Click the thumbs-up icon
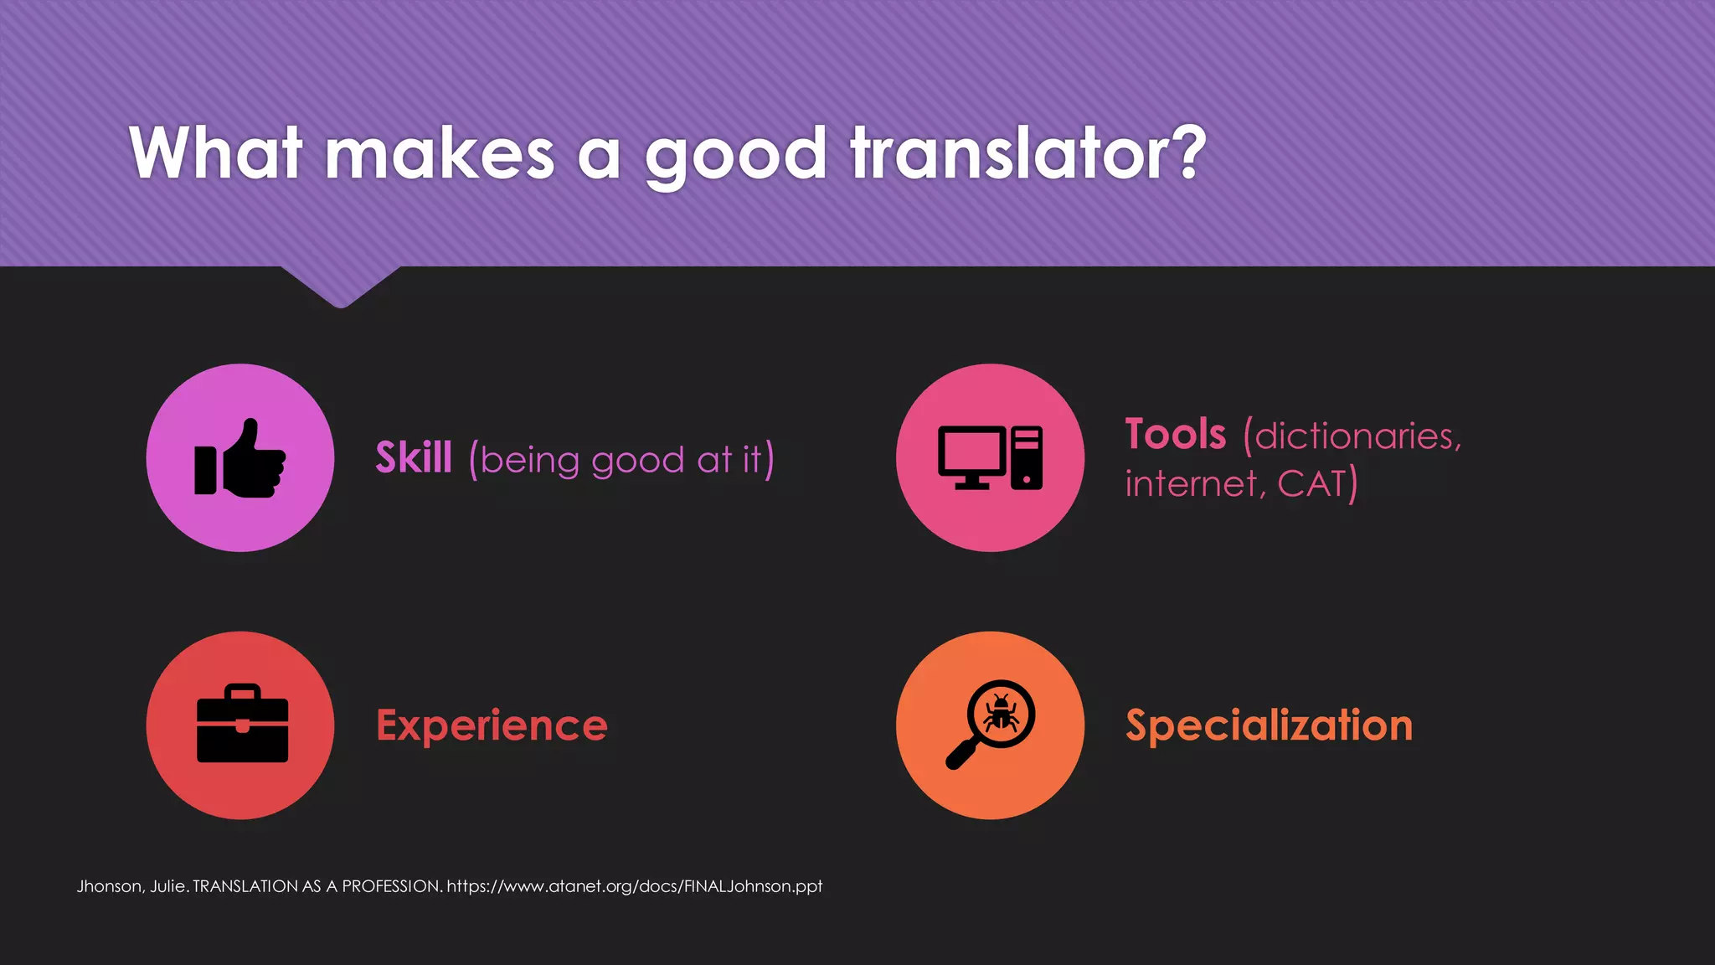[240, 458]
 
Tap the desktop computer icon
[990, 457]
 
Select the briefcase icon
[242, 725]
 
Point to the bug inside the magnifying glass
[1001, 714]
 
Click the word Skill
[414, 458]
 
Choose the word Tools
[1175, 435]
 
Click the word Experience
[492, 725]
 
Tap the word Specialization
[1269, 725]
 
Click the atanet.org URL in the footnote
[634, 886]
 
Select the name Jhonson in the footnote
[109, 886]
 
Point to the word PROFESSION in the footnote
[391, 886]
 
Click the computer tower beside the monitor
[1027, 457]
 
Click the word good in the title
[735, 155]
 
